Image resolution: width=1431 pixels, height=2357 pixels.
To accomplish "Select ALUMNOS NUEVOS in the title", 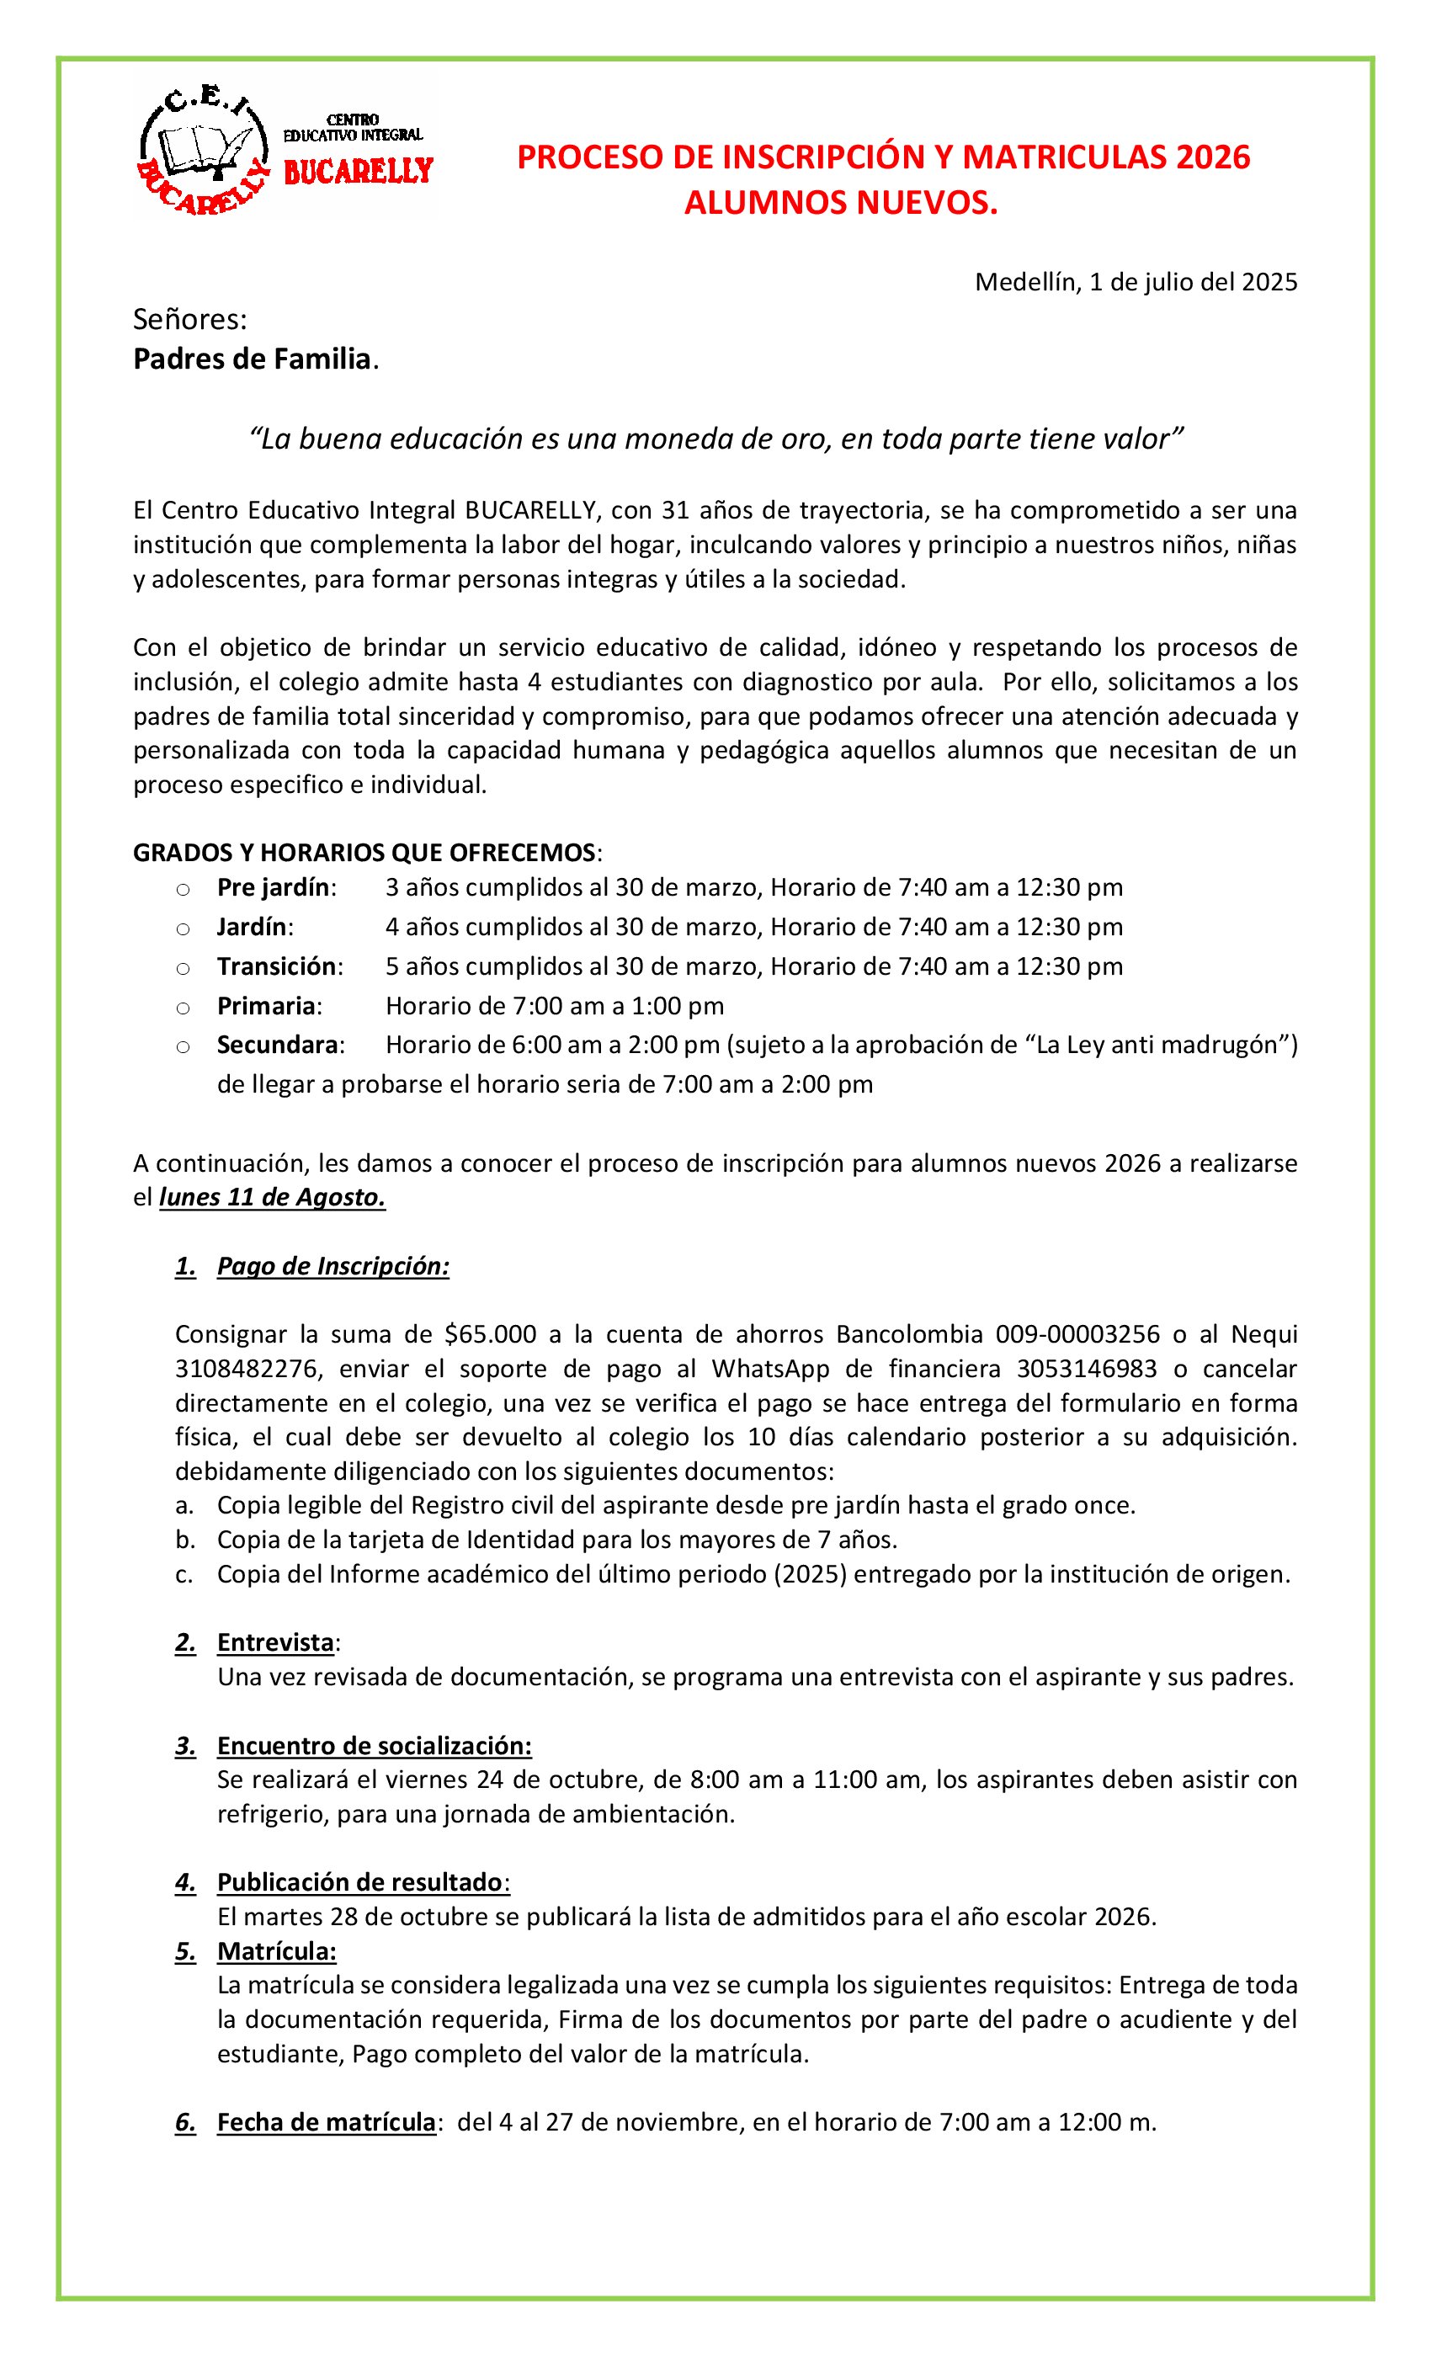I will [840, 203].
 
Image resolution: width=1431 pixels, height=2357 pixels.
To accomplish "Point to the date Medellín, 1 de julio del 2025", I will [1136, 282].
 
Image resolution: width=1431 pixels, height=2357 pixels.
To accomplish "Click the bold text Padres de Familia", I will [253, 359].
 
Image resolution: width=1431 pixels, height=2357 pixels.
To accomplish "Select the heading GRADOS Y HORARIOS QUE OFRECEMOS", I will [364, 852].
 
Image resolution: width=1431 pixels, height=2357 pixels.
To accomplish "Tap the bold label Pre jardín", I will [274, 888].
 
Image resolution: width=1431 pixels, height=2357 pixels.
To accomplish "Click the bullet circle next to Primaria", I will [183, 1008].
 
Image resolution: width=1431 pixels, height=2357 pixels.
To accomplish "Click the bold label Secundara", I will [279, 1045].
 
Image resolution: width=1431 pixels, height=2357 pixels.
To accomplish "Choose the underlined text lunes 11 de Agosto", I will [273, 1198].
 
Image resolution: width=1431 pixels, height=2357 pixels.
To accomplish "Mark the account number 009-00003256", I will [1077, 1334].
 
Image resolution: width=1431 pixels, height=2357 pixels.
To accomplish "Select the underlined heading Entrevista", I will [275, 1642].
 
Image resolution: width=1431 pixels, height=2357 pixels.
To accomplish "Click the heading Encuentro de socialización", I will [374, 1746].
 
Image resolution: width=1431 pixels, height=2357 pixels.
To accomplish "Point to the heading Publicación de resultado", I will [359, 1882].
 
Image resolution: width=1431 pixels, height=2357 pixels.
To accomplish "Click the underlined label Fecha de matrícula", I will [327, 2123].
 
